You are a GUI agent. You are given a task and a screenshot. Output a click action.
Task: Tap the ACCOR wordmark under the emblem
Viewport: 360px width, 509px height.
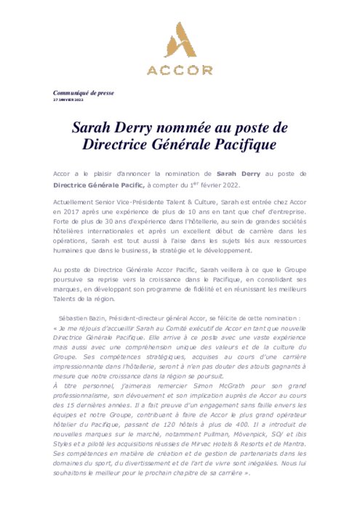pos(180,71)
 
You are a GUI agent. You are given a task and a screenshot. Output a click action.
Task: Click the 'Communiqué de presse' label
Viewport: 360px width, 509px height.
pos(84,92)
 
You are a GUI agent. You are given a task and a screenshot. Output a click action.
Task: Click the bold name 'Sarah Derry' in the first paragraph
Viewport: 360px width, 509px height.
pos(239,175)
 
